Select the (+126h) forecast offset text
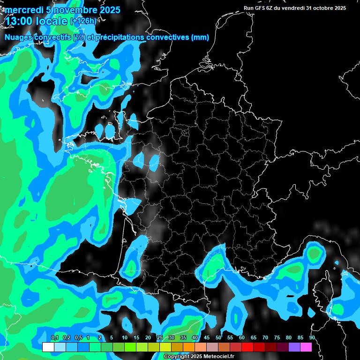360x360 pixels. [x=83, y=21]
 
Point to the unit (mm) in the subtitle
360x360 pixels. [x=200, y=37]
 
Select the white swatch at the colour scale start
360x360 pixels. [x=48, y=347]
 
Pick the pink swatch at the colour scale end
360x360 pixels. [x=306, y=347]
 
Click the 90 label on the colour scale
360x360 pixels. [x=312, y=338]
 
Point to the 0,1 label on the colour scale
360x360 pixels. [x=54, y=338]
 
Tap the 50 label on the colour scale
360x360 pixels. [x=218, y=338]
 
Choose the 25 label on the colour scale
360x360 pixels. [x=160, y=338]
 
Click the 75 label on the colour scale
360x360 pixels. [x=277, y=338]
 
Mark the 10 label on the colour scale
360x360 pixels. [x=125, y=338]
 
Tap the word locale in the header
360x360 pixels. [x=51, y=21]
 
